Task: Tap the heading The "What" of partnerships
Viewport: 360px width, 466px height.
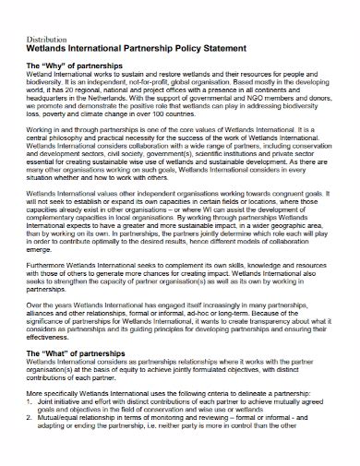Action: pyautogui.click(x=81, y=378)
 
